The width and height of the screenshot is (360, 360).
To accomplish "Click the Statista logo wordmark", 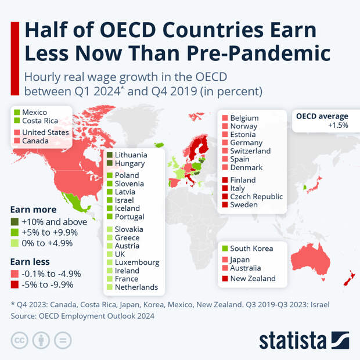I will pyautogui.click(x=295, y=340).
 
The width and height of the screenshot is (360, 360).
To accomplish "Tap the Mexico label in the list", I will pyautogui.click(x=34, y=112).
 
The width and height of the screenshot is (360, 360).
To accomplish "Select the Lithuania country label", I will pyautogui.click(x=131, y=155).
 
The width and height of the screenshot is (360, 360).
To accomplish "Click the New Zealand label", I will pyautogui.click(x=253, y=279).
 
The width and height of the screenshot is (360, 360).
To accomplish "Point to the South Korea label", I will pyautogui.click(x=251, y=249).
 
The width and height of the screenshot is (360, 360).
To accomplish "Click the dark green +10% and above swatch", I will pyautogui.click(x=15, y=222).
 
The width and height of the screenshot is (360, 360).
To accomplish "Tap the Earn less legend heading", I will pyautogui.click(x=30, y=262).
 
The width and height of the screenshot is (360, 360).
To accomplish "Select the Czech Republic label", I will pyautogui.click(x=256, y=197).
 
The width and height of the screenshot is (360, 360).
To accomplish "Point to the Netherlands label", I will pyautogui.click(x=136, y=287).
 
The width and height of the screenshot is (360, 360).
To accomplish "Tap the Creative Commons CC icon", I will pyautogui.click(x=20, y=340).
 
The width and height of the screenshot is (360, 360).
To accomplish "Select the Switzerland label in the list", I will pyautogui.click(x=250, y=151).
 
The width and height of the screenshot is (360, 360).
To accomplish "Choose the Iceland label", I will pyautogui.click(x=127, y=208).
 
